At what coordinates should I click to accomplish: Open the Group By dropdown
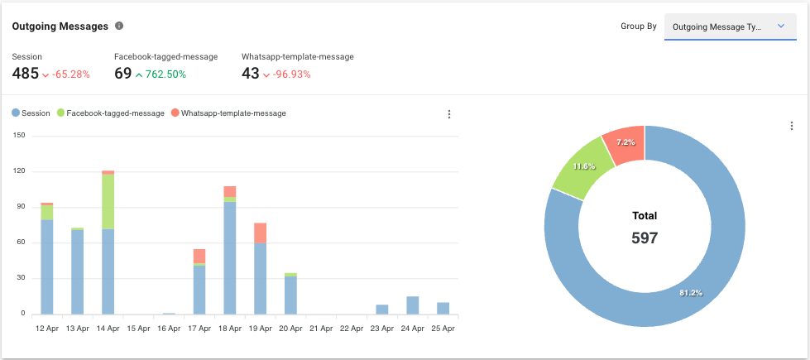[x=730, y=26]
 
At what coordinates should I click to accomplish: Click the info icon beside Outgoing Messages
[x=119, y=26]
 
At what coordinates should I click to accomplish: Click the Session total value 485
[x=26, y=74]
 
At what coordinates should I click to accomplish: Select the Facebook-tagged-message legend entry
[x=111, y=113]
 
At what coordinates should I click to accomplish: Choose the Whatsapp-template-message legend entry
[x=228, y=113]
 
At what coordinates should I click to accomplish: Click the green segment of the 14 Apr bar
[x=108, y=202]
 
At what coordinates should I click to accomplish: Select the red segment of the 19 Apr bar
[x=260, y=233]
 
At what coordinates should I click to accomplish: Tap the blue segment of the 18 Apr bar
[x=229, y=257]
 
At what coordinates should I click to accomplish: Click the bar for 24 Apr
[x=413, y=305]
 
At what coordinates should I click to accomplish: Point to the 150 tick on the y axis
[x=17, y=137]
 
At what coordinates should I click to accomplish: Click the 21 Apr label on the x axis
[x=321, y=329]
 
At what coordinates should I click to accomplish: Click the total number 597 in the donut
[x=644, y=238]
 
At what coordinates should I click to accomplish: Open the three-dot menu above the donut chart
[x=792, y=126]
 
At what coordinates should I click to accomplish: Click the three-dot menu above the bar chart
[x=449, y=114]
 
